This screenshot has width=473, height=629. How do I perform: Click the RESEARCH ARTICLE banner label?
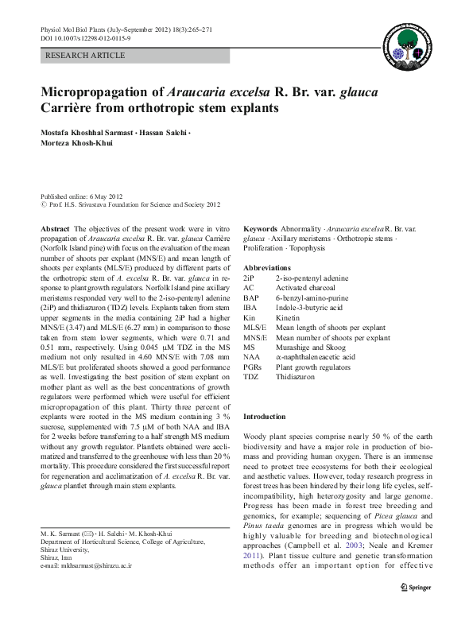(86, 55)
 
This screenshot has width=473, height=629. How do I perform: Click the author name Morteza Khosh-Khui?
(77, 142)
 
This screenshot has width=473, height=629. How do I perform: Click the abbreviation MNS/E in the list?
(255, 337)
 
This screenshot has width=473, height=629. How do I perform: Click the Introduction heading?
(264, 417)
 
